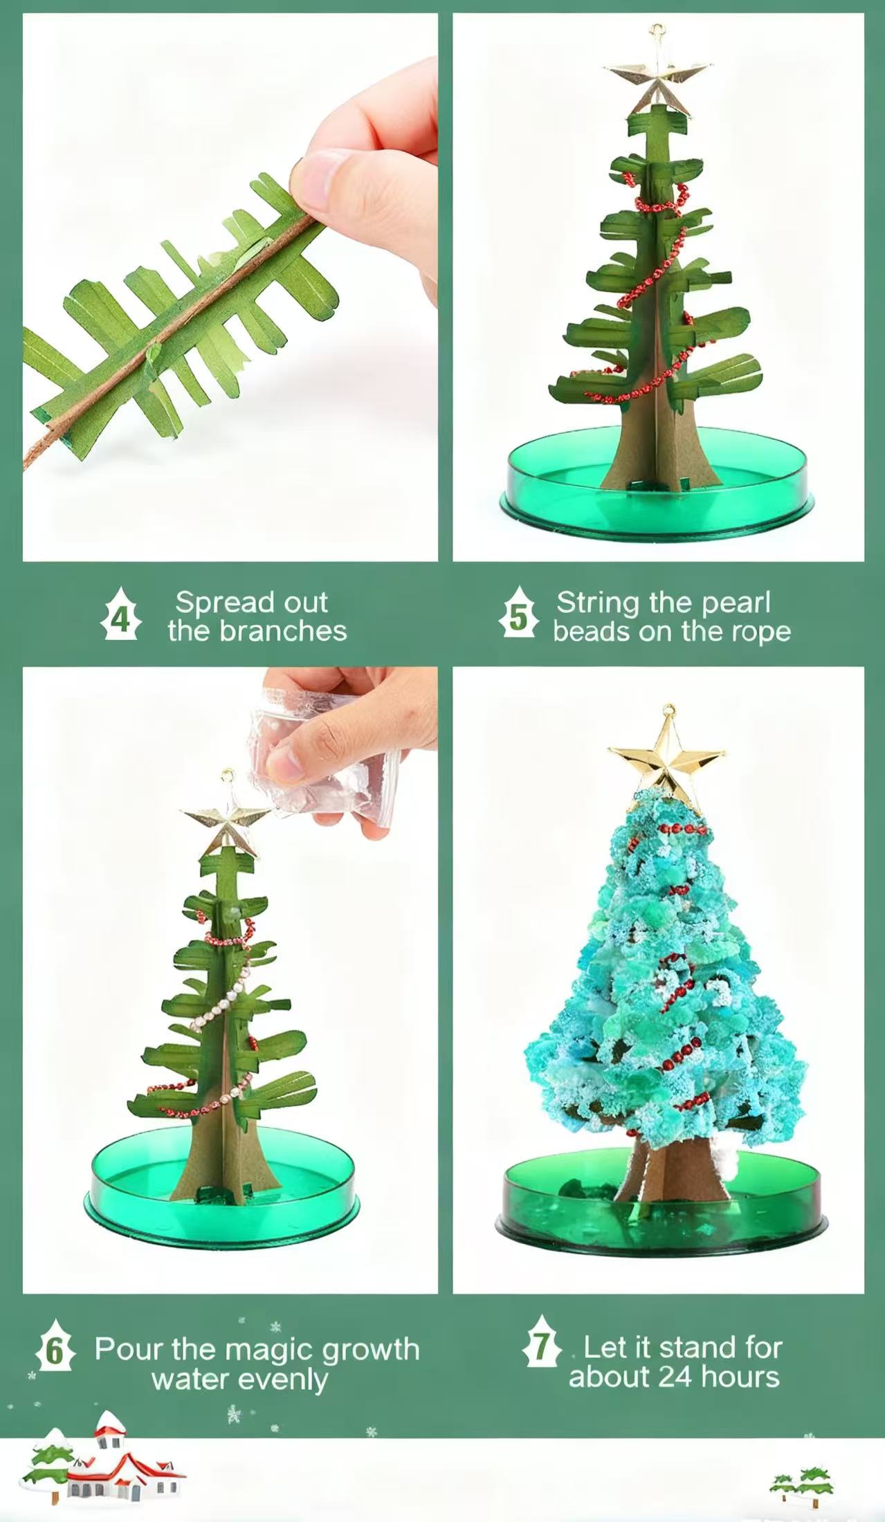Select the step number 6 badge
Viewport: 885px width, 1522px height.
coord(54,1346)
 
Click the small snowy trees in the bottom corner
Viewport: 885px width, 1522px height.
coord(803,1480)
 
